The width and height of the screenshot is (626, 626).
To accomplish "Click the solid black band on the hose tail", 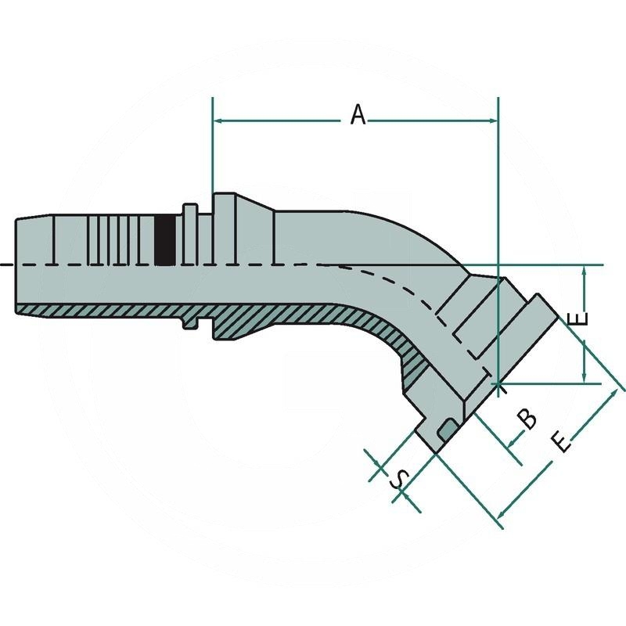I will pos(165,239).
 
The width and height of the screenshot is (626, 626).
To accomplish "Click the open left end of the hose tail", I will pos(17,266).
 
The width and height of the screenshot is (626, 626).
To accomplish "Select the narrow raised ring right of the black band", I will pos(190,235).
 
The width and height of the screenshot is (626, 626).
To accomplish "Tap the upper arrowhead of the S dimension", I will pos(380,466).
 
